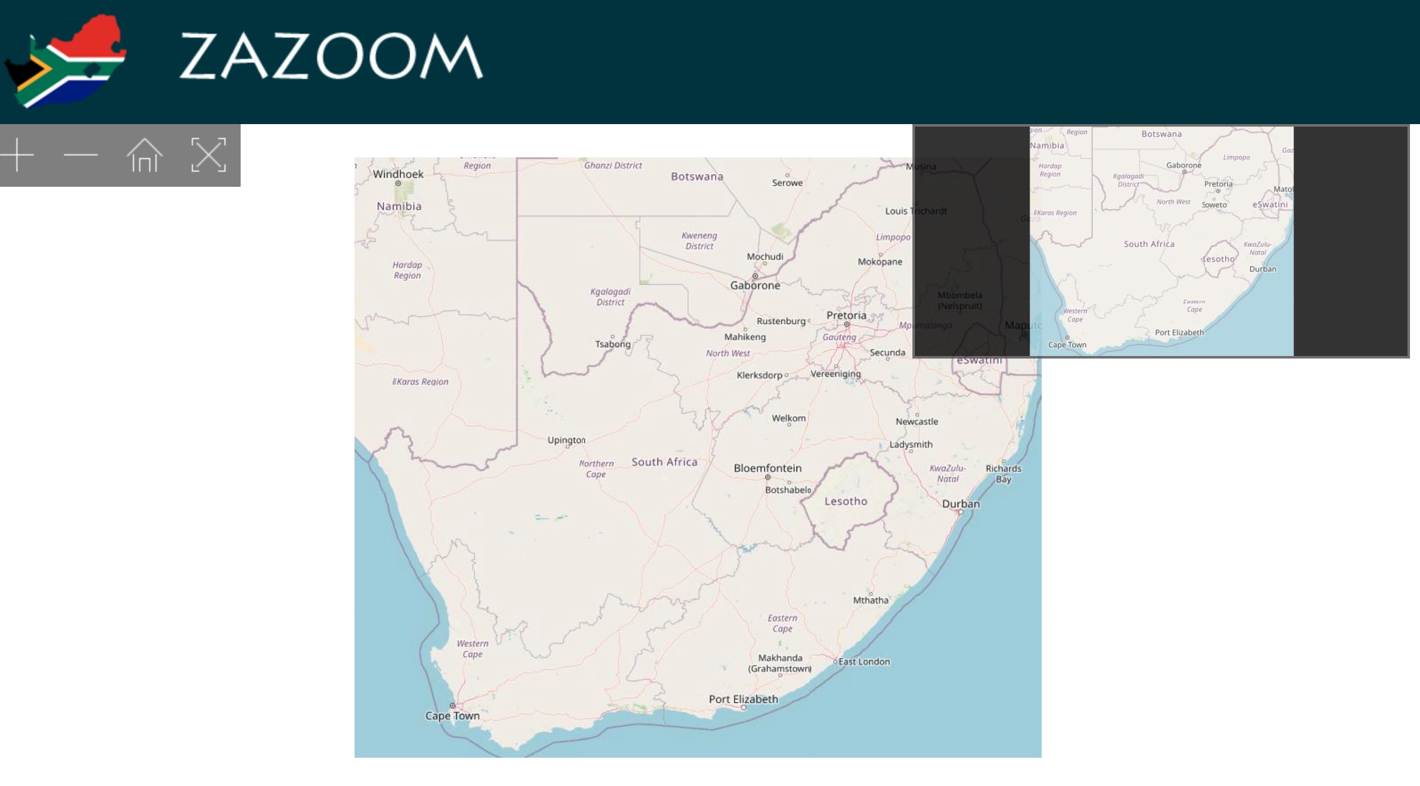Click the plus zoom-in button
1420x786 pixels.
(18, 155)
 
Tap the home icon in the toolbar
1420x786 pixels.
(144, 155)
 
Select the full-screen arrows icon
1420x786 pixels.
(208, 155)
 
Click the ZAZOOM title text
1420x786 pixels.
(331, 56)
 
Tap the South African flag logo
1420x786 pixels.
(66, 60)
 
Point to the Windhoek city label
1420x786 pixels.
(398, 174)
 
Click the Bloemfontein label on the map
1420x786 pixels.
(767, 468)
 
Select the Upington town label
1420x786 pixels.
(566, 440)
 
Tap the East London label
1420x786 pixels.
(864, 661)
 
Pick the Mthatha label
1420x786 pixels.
(870, 600)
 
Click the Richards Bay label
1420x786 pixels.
(1003, 473)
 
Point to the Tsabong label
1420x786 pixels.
(612, 344)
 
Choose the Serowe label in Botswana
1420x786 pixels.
(787, 183)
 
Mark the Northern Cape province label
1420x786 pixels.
(596, 469)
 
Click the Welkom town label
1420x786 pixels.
(788, 418)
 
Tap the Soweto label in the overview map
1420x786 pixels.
(1214, 205)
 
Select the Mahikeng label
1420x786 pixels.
(744, 337)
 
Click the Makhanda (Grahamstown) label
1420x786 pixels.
(780, 663)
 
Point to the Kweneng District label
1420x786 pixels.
(699, 241)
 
